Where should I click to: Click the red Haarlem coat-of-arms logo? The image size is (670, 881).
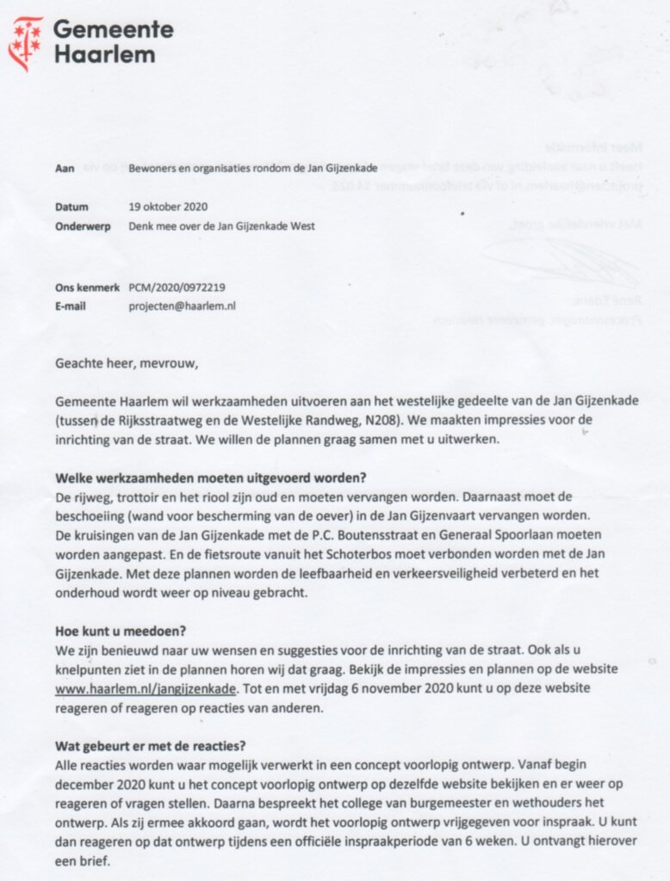coord(25,43)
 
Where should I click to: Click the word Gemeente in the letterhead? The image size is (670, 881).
coord(113,30)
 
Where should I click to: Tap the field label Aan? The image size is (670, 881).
coord(64,168)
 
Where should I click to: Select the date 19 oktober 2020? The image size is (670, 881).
coord(167,207)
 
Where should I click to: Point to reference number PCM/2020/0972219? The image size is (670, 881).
coord(182,287)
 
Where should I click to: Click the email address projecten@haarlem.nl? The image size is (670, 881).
coord(183,305)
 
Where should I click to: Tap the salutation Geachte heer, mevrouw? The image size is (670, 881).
coord(127,362)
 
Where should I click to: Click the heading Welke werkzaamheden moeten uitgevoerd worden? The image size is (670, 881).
coord(211,478)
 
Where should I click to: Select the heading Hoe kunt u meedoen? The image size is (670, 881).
coord(115,631)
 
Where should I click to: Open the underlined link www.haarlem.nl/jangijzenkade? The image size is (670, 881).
coord(145,689)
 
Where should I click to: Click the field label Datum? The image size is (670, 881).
coord(72,207)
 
